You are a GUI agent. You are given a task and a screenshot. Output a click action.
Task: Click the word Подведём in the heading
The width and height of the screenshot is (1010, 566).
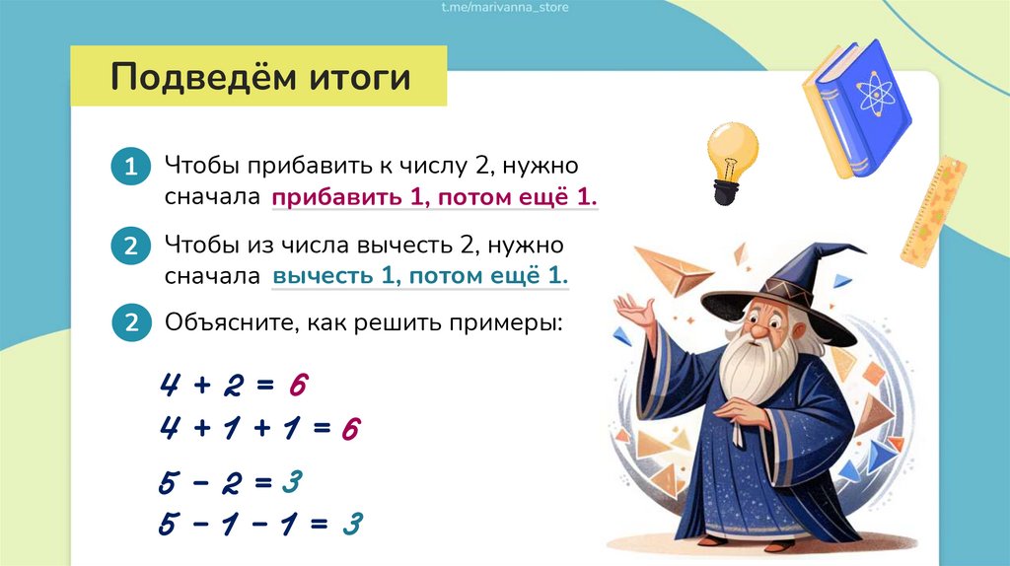(204, 77)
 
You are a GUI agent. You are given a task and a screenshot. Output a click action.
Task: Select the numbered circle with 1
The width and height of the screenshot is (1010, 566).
(131, 166)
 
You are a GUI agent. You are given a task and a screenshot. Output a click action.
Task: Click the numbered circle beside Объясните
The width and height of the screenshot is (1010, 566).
(131, 322)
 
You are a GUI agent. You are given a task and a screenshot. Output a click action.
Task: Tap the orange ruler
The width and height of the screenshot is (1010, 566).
(933, 212)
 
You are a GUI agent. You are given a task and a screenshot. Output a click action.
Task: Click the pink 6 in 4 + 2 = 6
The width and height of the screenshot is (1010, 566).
(298, 386)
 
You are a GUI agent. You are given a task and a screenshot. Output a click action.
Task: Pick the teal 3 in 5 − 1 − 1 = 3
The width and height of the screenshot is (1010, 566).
(352, 524)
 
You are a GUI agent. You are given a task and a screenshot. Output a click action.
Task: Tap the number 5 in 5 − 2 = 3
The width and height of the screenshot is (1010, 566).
(169, 481)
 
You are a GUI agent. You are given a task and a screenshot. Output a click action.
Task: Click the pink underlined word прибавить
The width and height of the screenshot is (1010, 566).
(337, 197)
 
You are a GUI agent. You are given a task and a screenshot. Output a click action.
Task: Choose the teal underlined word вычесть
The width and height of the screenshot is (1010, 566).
(324, 275)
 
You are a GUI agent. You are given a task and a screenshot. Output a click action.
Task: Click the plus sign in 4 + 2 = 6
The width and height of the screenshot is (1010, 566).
(202, 386)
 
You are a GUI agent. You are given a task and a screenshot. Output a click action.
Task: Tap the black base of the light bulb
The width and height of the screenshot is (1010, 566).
(726, 193)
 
